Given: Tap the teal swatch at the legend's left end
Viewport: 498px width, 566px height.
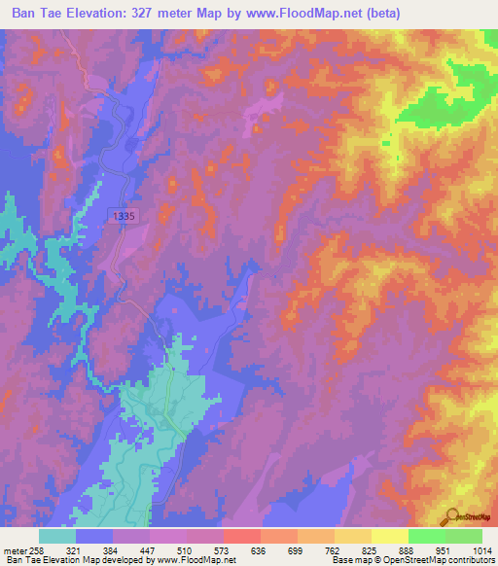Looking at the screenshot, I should click(57, 536).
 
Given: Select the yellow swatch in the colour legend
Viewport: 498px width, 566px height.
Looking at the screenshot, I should click(389, 536).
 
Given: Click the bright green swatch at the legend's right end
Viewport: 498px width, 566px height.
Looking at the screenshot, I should click(463, 536).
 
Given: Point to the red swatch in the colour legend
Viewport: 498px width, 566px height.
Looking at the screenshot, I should click(242, 536).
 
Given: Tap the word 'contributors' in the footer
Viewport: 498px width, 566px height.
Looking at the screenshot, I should click(470, 561).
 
